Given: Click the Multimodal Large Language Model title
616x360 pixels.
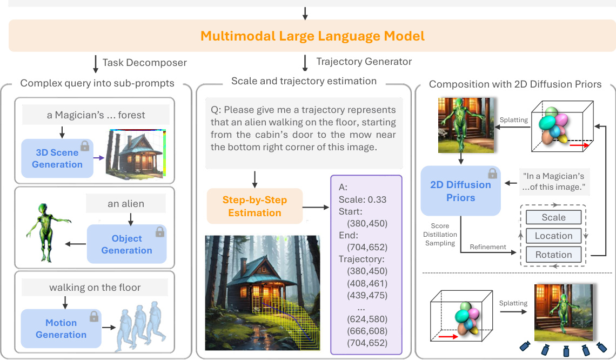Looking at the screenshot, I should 312,36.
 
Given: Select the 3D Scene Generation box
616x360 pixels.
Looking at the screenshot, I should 57,158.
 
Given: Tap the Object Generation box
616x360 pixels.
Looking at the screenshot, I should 126,244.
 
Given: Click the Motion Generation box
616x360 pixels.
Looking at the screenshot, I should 61,329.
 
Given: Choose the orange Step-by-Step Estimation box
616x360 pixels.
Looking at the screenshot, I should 255,206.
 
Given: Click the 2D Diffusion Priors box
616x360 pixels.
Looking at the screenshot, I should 460,191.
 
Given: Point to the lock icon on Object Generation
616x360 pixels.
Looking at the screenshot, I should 159,232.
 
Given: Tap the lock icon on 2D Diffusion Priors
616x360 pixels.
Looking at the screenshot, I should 492,173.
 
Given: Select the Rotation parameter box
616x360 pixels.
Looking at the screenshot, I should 553,255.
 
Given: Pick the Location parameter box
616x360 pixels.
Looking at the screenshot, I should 553,236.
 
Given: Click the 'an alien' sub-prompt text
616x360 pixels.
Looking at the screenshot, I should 126,205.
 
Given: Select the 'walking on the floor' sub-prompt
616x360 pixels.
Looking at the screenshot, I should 95,288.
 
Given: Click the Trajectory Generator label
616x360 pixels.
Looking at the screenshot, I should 364,62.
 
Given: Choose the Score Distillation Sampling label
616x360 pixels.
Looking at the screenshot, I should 444,235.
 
